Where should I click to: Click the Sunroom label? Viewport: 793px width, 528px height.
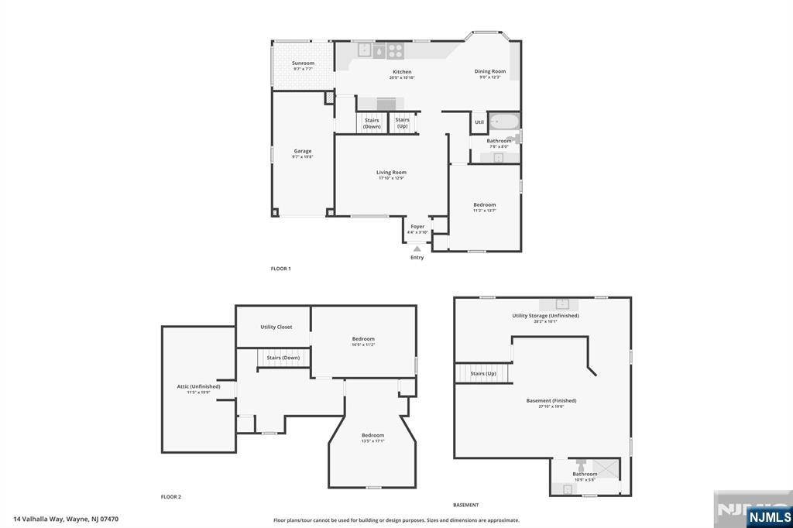click(x=303, y=63)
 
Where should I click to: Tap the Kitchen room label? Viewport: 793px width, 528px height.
click(x=402, y=72)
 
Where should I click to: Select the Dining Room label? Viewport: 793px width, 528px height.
click(x=489, y=71)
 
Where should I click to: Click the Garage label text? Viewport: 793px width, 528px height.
click(x=302, y=151)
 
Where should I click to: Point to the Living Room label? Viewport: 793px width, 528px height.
click(x=391, y=172)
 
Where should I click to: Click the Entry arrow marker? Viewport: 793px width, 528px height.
click(x=417, y=249)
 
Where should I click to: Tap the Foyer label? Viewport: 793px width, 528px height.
click(x=417, y=226)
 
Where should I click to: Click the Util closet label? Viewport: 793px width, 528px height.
click(x=479, y=122)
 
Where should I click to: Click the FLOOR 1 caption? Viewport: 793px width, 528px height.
click(x=280, y=269)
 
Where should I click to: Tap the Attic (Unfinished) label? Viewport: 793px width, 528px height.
click(x=198, y=386)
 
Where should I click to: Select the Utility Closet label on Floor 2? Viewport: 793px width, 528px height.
click(x=276, y=327)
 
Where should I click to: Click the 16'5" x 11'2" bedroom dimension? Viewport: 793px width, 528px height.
click(x=363, y=345)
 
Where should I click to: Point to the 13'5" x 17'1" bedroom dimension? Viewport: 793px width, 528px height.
click(x=372, y=441)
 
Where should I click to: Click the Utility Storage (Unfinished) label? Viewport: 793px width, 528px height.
click(x=545, y=315)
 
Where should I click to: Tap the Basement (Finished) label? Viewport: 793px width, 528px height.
click(x=551, y=400)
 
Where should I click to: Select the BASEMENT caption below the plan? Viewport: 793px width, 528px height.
click(x=465, y=505)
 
